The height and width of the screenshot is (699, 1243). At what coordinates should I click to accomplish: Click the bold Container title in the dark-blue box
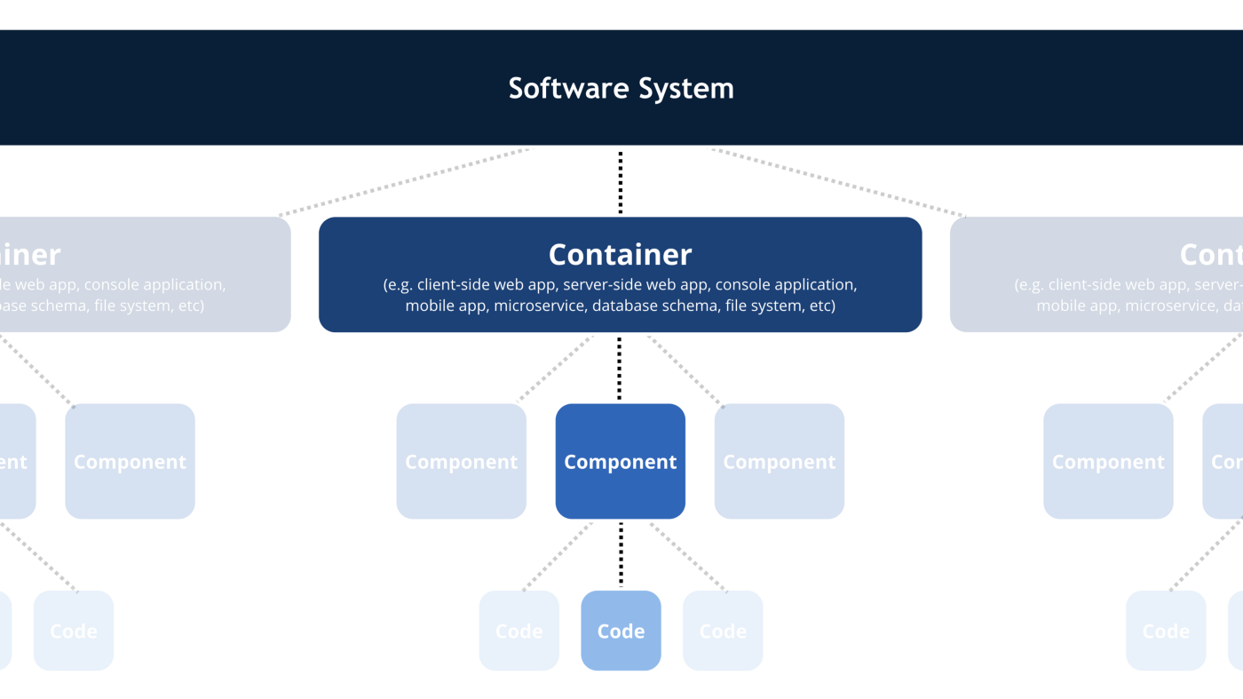pyautogui.click(x=620, y=255)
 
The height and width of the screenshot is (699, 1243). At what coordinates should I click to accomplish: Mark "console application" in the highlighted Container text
pyautogui.click(x=786, y=285)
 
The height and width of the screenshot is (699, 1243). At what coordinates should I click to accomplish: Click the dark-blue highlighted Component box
pyautogui.click(x=620, y=461)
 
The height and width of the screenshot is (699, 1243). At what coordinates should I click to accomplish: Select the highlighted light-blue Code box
pyautogui.click(x=621, y=631)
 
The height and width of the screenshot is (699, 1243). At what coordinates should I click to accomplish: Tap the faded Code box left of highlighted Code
pyautogui.click(x=519, y=631)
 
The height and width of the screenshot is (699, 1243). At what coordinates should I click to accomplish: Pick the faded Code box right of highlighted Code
pyautogui.click(x=723, y=631)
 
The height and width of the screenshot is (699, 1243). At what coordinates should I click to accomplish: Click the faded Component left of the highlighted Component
pyautogui.click(x=461, y=461)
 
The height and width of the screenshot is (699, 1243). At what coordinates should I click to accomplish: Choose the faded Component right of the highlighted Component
pyautogui.click(x=779, y=461)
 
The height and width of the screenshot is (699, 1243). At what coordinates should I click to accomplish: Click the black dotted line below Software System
pyautogui.click(x=621, y=182)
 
